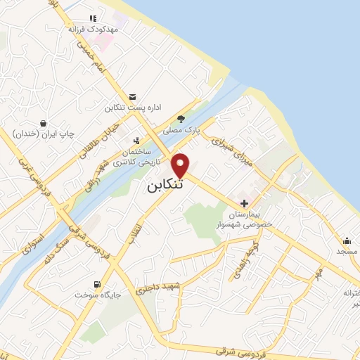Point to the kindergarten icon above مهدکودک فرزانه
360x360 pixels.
92,19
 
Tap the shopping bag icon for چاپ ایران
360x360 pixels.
44,122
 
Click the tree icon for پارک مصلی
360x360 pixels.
181,119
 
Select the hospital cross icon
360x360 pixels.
243,203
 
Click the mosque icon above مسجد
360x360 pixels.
347,240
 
